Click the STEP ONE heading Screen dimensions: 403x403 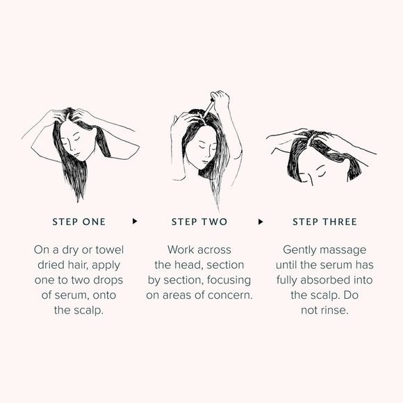(79, 222)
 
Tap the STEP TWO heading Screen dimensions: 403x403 (199, 222)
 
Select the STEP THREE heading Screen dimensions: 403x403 (324, 222)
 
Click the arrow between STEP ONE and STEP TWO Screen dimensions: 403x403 (135, 221)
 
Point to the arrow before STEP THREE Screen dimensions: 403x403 (261, 222)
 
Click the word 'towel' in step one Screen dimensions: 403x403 (110, 250)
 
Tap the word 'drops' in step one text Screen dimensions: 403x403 (108, 280)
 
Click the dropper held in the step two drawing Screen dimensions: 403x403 (208, 108)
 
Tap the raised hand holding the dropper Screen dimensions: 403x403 (220, 99)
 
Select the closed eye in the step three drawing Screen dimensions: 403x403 (321, 174)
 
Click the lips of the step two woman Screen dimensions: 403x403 (205, 162)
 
